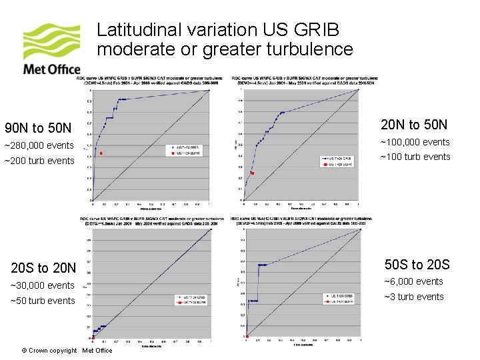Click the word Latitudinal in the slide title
click(x=133, y=30)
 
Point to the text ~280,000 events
click(x=39, y=146)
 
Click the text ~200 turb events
click(x=39, y=161)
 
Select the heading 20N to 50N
click(x=413, y=125)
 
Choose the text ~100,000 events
click(x=415, y=142)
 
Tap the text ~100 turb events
click(x=415, y=157)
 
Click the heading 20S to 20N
click(x=43, y=268)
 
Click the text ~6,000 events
click(x=411, y=281)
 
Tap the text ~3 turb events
click(x=411, y=297)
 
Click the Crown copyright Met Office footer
click(x=67, y=351)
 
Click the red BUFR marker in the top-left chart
click(x=101, y=154)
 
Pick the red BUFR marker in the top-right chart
click(x=252, y=173)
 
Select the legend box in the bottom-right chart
click(x=339, y=299)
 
